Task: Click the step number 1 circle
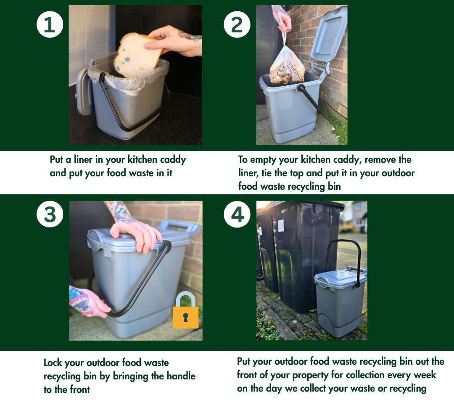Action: click(50, 25)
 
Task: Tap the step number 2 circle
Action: click(237, 25)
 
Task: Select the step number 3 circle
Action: click(50, 215)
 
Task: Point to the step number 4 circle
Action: click(237, 215)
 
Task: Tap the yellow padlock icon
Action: click(186, 310)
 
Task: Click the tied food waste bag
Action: click(287, 64)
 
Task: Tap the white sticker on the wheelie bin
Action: click(281, 226)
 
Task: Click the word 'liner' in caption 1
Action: click(83, 159)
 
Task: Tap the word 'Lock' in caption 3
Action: click(53, 363)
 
